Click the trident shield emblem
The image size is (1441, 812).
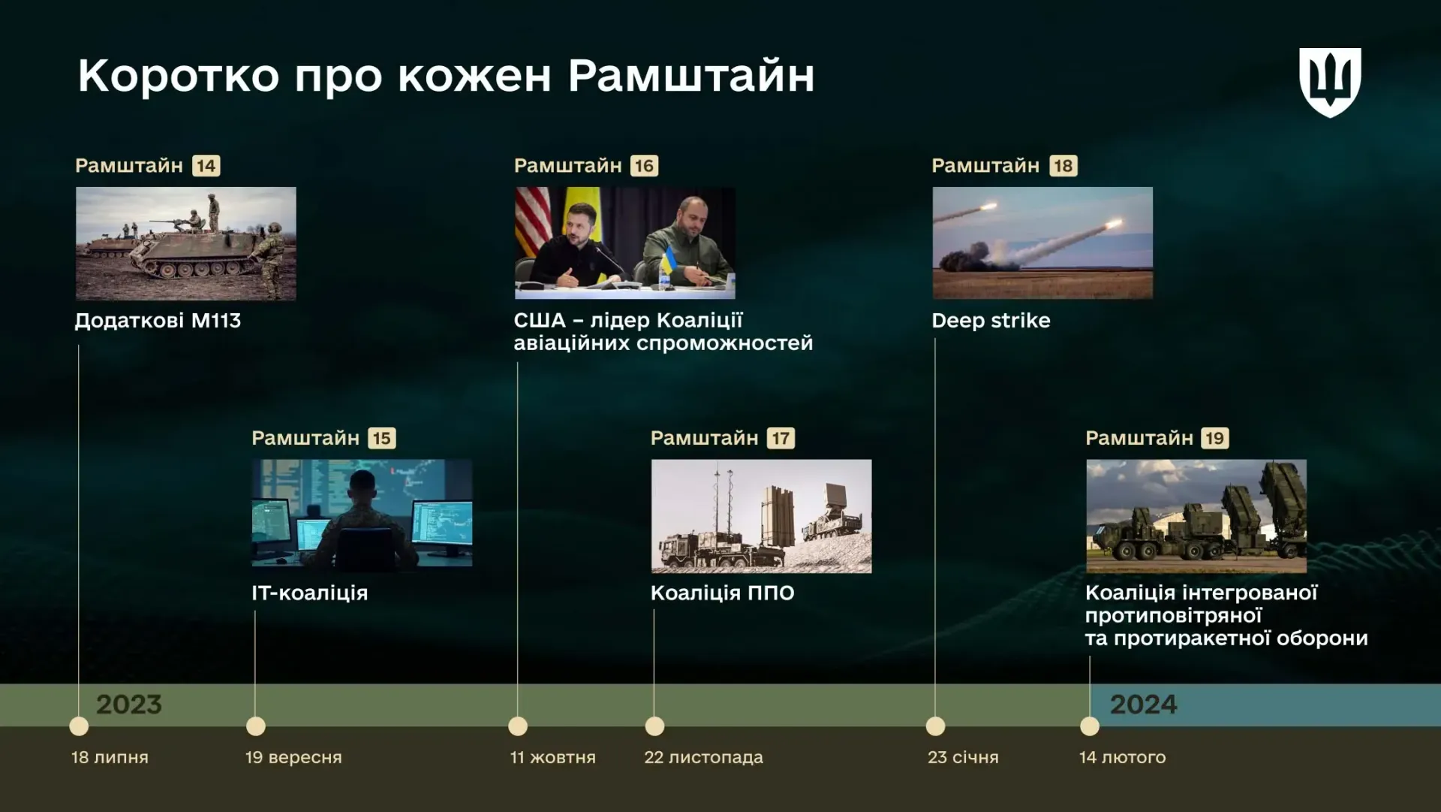pos(1330,83)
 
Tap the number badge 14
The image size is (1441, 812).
pos(206,165)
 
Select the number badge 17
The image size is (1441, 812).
pos(781,438)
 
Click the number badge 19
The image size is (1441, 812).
pos(1214,438)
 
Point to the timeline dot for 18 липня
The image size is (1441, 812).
pos(79,726)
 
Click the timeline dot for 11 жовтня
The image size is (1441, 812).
pos(518,726)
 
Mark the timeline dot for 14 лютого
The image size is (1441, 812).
pos(1090,726)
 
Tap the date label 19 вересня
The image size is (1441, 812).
pos(293,757)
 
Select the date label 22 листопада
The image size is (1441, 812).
pos(703,757)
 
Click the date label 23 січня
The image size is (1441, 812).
pos(963,757)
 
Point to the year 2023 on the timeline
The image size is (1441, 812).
pos(129,705)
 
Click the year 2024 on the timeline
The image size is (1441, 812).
pos(1144,705)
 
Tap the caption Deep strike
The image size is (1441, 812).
pos(991,321)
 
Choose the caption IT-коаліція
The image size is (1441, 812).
pos(310,593)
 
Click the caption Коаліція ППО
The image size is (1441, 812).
pos(722,593)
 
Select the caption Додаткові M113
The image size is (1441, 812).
pos(158,321)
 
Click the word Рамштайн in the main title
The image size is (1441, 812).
pos(691,76)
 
